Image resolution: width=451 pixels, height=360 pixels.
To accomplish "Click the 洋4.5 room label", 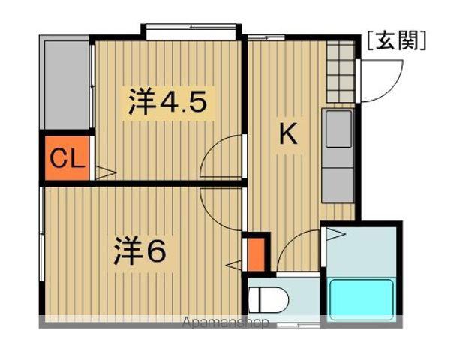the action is [x=167, y=102].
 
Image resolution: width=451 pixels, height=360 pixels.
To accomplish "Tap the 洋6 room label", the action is [x=140, y=250].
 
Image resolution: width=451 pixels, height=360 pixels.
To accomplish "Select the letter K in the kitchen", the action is [x=288, y=134].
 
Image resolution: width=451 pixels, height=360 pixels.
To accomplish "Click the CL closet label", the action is [x=68, y=159].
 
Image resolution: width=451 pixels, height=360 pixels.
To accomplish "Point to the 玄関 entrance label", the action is [x=397, y=40].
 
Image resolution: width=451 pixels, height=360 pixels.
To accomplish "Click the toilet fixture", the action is [x=268, y=299].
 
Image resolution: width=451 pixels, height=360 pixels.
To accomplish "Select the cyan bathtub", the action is [x=362, y=299].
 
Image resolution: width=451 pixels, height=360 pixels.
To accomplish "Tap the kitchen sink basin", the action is [x=338, y=128].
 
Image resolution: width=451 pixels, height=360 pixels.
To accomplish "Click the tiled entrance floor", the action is [x=341, y=71].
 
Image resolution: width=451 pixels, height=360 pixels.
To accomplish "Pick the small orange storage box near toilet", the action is [x=256, y=254].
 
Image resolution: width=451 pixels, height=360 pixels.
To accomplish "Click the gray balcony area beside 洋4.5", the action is [x=67, y=85].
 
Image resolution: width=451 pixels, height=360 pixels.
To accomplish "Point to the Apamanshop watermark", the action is [x=226, y=322].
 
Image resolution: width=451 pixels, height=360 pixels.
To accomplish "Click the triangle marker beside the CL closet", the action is [x=106, y=172].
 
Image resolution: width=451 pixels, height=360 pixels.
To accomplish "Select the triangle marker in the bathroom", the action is [x=336, y=234].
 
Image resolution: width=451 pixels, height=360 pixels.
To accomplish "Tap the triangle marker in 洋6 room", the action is [x=234, y=264].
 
